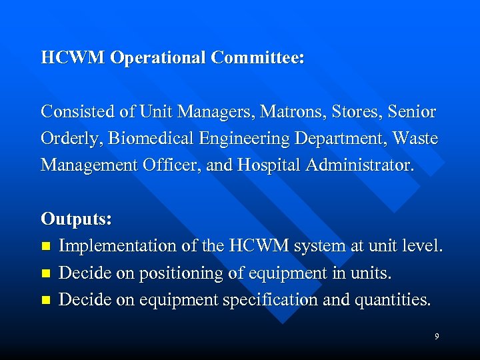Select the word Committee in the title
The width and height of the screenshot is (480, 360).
[x=257, y=58]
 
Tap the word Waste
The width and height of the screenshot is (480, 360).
[x=415, y=138]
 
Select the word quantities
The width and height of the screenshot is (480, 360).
[x=392, y=299]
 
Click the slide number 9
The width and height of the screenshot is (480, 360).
[x=437, y=337]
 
